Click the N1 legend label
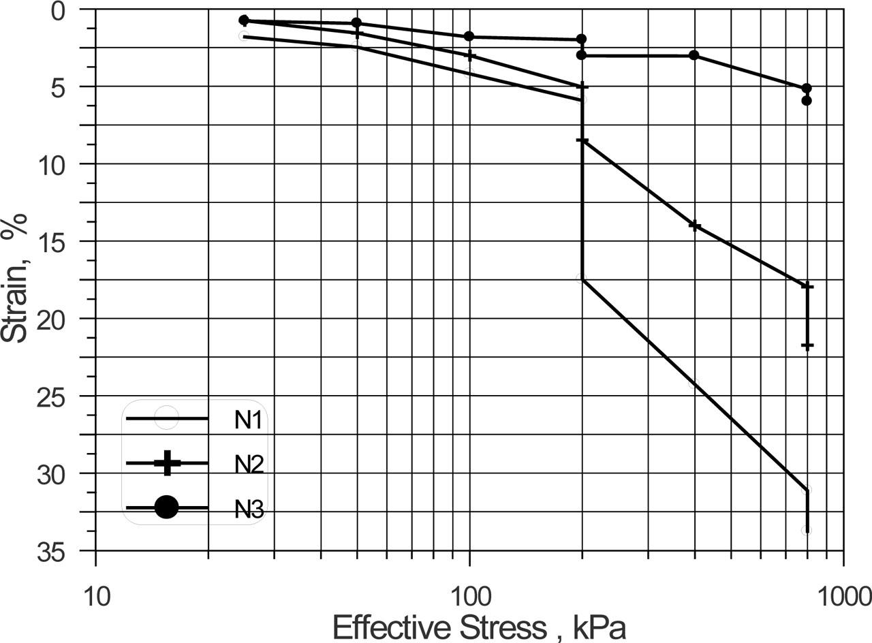249,419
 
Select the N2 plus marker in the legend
167,463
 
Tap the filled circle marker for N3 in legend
167,507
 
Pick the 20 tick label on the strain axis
70,319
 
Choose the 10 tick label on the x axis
95,597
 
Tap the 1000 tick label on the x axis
843,597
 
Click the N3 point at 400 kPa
694,55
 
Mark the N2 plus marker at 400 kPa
694,225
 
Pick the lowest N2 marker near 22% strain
807,346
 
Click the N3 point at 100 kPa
469,36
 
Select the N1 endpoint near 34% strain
807,530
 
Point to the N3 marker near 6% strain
807,101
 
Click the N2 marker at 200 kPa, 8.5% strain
582,140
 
